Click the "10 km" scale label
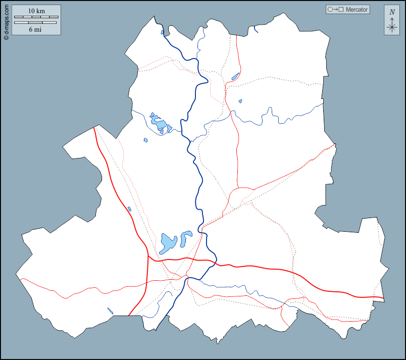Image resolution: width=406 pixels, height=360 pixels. (x=35, y=11)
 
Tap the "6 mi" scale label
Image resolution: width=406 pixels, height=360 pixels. (x=35, y=29)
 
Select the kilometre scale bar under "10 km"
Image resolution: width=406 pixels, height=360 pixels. (x=36, y=17)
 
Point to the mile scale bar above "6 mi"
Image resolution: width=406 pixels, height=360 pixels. (x=36, y=23)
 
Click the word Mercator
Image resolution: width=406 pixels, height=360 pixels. (x=357, y=10)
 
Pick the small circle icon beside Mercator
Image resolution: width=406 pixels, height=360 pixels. (x=330, y=10)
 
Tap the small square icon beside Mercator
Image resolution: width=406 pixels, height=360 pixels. (x=341, y=10)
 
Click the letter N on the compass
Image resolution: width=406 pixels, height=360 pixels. (x=392, y=12)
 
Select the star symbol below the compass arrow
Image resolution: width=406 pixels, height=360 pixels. (x=392, y=27)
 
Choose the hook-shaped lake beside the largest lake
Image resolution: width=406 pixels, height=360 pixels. (x=186, y=237)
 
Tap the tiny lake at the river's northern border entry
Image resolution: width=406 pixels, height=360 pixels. (x=163, y=33)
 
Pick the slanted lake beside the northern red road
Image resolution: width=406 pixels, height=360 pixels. (x=235, y=77)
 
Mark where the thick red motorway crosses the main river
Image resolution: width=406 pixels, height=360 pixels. (x=216, y=263)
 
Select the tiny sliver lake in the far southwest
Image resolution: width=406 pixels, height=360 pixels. (x=110, y=311)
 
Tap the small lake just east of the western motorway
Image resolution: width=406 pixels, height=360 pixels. (x=130, y=209)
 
